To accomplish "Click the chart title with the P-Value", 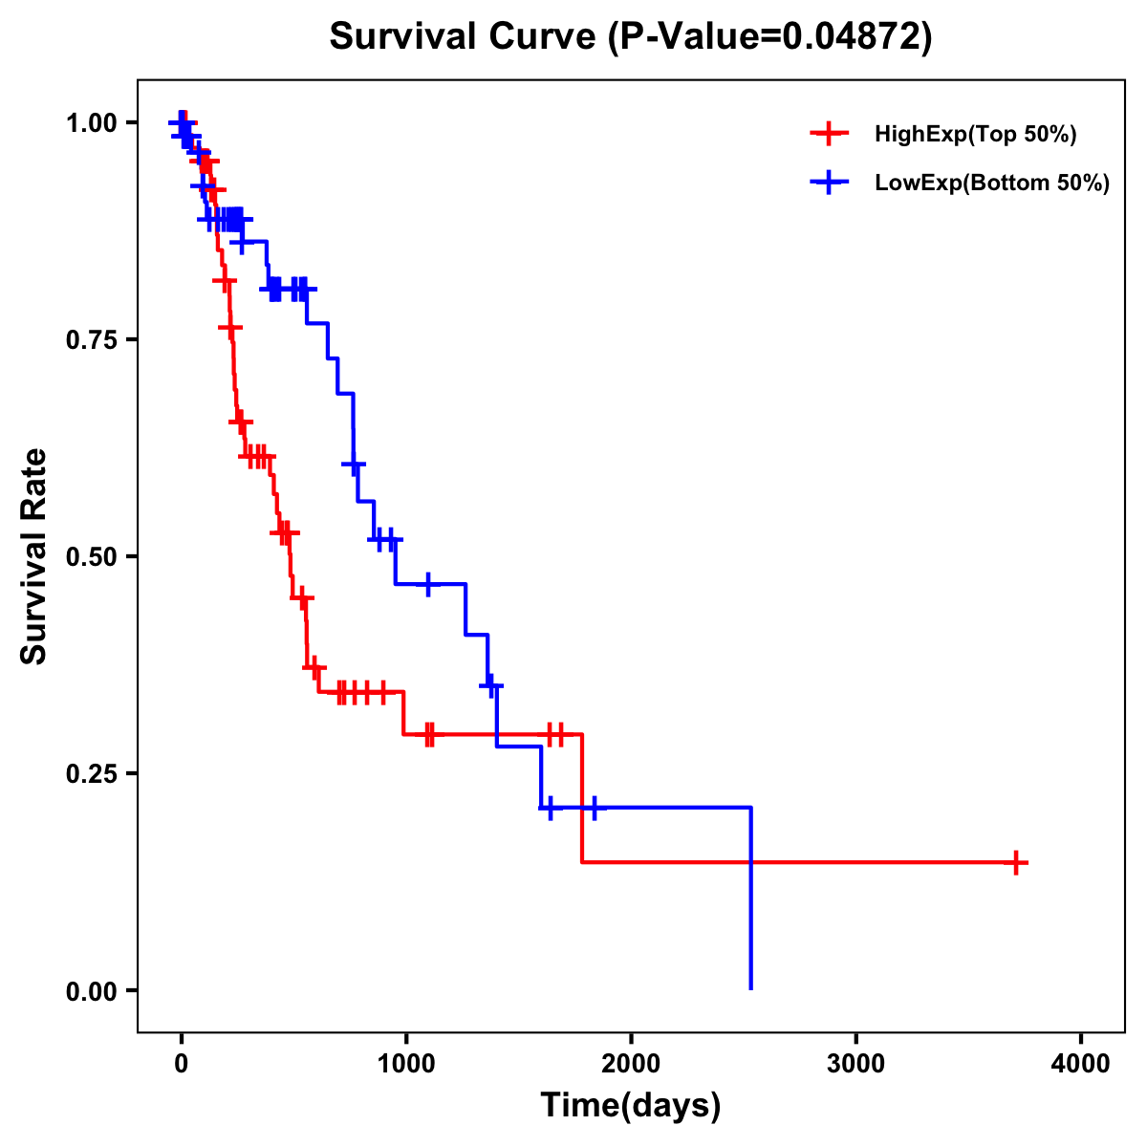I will point(631,36).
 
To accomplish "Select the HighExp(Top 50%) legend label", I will point(975,135).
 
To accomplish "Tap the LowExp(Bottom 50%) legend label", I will point(992,184).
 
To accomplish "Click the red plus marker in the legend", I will point(830,134).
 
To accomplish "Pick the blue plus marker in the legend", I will point(830,183).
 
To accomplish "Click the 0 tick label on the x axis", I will point(181,1064).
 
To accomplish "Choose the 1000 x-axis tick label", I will point(405,1064).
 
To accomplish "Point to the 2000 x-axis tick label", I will point(631,1064).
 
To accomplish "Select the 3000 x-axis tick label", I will point(855,1064).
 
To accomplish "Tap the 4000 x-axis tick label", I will point(1081,1064).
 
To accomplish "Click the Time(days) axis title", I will point(631,1106).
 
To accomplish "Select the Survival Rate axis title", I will point(34,556).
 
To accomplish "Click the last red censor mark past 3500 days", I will point(1016,862).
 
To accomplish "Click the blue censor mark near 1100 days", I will point(427,583).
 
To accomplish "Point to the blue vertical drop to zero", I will point(751,898).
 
